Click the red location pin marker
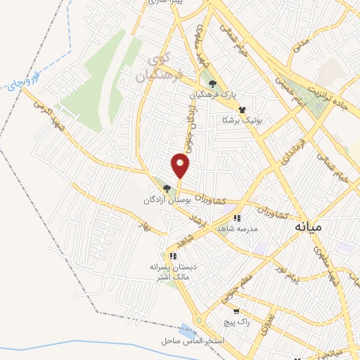pos(181,166)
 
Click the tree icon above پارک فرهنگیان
pos(222,84)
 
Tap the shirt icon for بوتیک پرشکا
pos(243,110)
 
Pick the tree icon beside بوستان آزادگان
pos(167,188)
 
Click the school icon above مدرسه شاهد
pos(237,218)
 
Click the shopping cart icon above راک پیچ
pos(236,310)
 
